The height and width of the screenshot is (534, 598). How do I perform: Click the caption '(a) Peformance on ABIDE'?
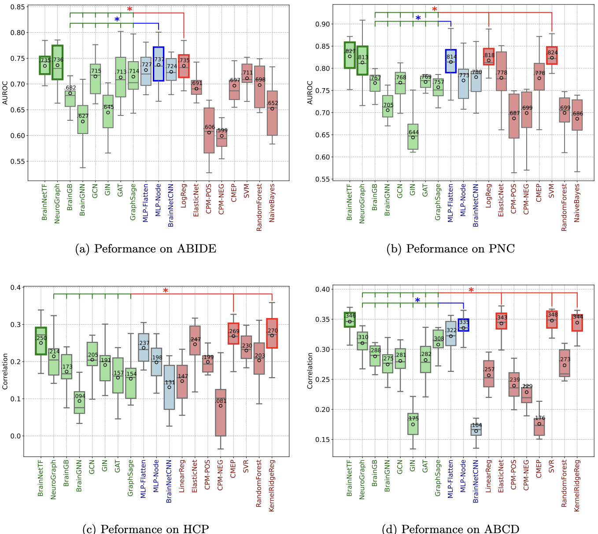[x=146, y=249]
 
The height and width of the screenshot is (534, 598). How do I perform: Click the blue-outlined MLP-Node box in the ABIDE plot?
[x=159, y=64]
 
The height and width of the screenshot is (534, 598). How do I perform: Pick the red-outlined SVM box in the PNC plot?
[x=552, y=56]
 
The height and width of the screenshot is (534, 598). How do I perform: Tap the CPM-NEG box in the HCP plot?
[x=221, y=412]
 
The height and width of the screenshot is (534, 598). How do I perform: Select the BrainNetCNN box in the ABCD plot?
[x=476, y=430]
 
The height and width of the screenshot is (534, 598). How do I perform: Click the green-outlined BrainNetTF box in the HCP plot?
[x=41, y=341]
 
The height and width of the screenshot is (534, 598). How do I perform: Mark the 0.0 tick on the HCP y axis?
[x=15, y=436]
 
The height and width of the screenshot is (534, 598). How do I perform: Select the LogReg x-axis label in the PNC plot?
[x=488, y=197]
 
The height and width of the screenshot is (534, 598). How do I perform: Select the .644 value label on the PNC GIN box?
[x=413, y=133]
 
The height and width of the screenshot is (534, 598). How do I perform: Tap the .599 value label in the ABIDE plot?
[x=222, y=131]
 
